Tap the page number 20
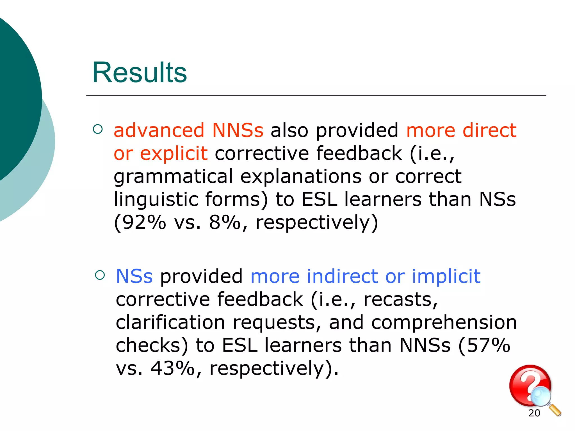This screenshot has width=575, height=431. [534, 413]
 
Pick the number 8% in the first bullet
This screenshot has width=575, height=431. [225, 222]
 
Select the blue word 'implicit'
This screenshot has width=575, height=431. [446, 276]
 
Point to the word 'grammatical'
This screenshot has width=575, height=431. [173, 177]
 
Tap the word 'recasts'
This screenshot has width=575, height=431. [400, 299]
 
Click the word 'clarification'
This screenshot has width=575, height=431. [170, 322]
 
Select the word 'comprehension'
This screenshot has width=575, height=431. [444, 323]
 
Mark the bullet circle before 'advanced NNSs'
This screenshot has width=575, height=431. [97, 129]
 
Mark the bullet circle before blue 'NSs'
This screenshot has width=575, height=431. [100, 275]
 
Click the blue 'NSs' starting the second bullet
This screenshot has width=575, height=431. [134, 276]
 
